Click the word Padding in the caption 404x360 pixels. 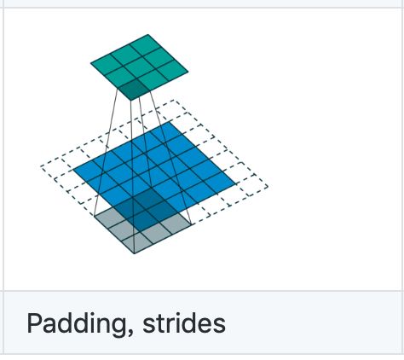(76, 324)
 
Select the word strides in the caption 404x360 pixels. (184, 323)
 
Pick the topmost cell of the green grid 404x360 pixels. (147, 43)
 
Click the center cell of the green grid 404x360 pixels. (139, 66)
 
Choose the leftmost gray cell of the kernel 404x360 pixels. (109, 217)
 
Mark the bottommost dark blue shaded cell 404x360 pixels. (142, 221)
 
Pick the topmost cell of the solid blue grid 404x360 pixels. (170, 131)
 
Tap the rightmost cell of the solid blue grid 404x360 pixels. (221, 182)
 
